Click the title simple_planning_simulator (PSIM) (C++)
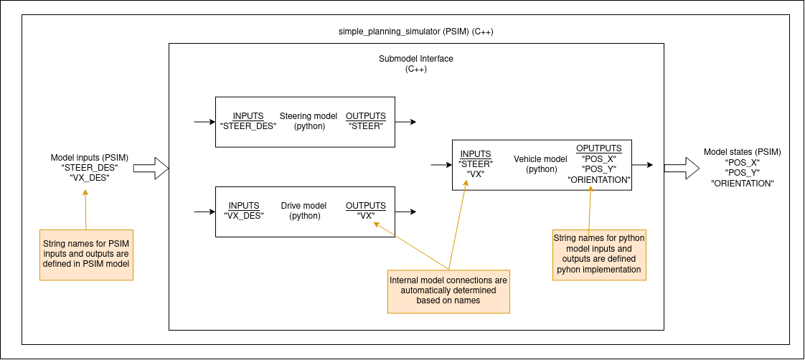(x=415, y=32)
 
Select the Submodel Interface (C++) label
(x=415, y=64)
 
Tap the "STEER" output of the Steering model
(x=365, y=126)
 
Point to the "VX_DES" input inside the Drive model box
(x=244, y=216)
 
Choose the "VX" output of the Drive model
(x=365, y=216)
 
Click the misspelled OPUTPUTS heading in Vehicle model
(x=598, y=148)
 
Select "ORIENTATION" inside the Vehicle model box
(x=598, y=179)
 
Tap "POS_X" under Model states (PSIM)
(x=742, y=163)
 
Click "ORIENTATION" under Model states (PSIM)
(x=742, y=184)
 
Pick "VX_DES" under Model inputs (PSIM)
(x=90, y=178)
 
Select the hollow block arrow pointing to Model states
(x=682, y=169)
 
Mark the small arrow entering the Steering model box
(x=204, y=122)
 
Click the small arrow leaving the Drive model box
(x=405, y=212)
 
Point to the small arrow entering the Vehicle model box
(x=441, y=165)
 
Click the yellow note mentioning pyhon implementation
(x=599, y=255)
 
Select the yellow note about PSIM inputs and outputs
(x=87, y=255)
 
